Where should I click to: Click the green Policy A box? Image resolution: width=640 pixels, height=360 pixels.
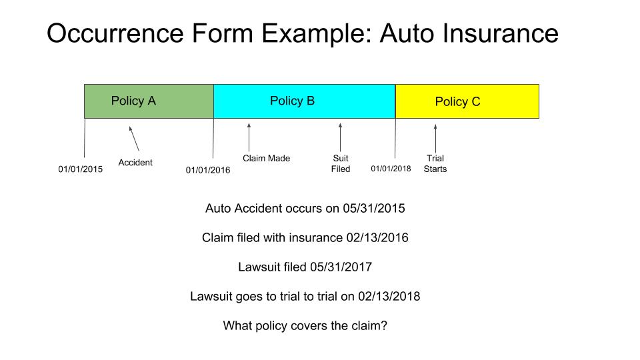tap(149, 101)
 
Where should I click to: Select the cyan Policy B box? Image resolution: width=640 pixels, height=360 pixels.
tap(304, 101)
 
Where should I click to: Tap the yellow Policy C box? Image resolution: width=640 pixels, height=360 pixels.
tap(467, 101)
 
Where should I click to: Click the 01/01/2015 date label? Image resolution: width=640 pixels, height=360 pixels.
tap(80, 169)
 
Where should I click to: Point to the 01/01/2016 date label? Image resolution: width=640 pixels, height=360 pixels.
tap(208, 170)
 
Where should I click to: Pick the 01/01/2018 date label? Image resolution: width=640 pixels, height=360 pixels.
tap(391, 169)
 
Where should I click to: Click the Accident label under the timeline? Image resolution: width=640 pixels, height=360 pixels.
tap(135, 163)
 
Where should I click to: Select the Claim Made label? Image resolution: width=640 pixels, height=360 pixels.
tap(266, 159)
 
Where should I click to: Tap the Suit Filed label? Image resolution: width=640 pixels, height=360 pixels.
tap(340, 163)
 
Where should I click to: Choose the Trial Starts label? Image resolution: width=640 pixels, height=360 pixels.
tap(435, 163)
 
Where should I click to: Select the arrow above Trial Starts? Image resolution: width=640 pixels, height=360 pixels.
tap(435, 138)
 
